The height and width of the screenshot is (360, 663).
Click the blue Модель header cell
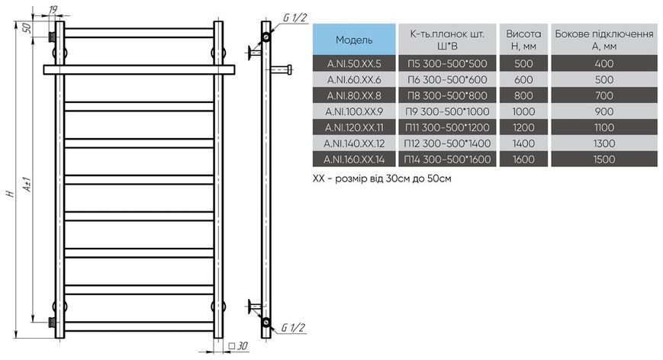click(354, 40)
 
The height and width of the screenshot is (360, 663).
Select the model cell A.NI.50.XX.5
click(354, 64)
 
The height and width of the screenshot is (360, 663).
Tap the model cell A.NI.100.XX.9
click(354, 111)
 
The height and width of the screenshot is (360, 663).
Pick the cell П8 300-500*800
click(447, 96)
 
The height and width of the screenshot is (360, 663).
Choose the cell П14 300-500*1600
click(447, 159)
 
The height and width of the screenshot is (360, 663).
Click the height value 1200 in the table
click(523, 127)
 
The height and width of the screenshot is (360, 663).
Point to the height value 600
click(523, 80)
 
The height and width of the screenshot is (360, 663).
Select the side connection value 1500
click(603, 159)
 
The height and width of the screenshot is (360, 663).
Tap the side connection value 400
click(603, 64)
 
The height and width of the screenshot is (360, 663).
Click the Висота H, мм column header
click(523, 40)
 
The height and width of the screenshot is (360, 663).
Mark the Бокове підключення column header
click(603, 40)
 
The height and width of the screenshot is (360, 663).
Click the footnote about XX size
click(381, 178)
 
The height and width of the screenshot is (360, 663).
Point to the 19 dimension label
click(53, 9)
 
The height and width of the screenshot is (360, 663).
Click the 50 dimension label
click(26, 28)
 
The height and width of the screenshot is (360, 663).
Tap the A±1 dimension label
click(27, 185)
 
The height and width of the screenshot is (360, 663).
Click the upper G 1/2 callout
click(294, 18)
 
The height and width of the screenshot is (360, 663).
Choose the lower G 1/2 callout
click(293, 327)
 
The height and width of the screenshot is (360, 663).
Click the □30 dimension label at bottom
click(238, 346)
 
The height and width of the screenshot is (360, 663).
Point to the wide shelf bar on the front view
click(139, 69)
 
